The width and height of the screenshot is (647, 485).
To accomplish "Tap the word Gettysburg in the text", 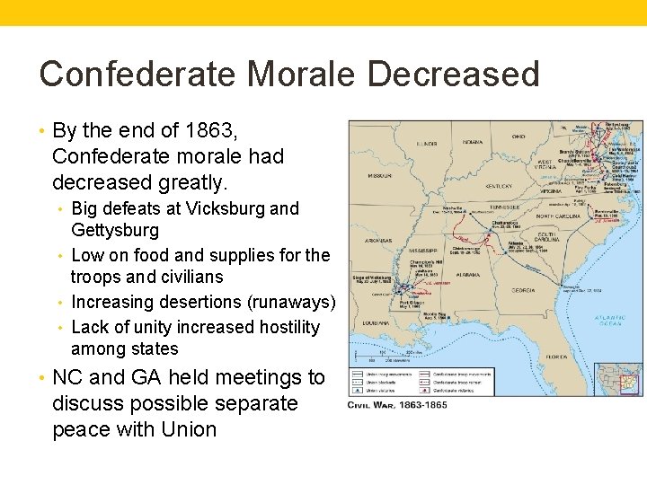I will pyautogui.click(x=115, y=230).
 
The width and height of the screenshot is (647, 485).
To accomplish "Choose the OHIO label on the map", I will pyautogui.click(x=518, y=137).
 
